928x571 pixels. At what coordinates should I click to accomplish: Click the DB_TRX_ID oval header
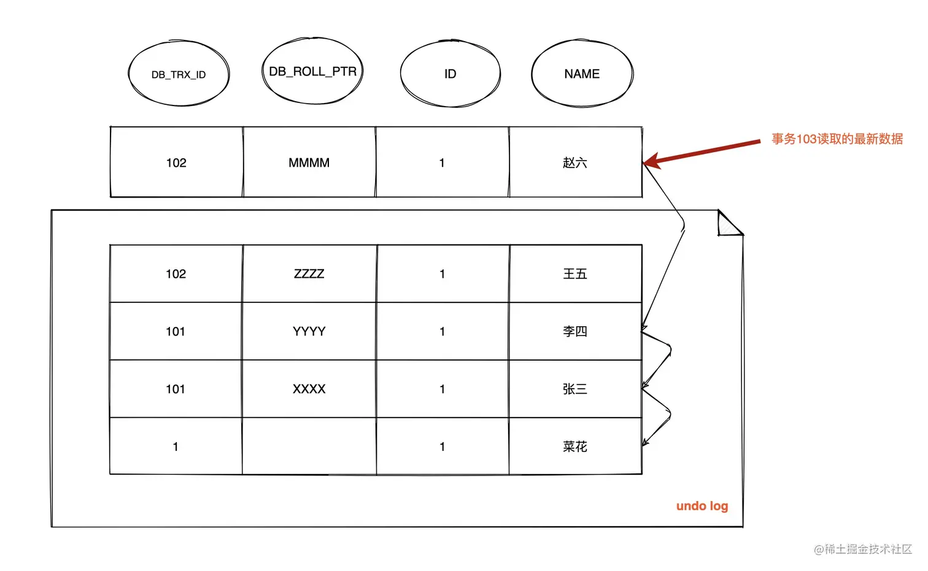coord(179,74)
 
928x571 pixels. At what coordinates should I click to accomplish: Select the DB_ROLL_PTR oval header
coord(312,72)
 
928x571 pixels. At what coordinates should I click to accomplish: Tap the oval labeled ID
coord(450,74)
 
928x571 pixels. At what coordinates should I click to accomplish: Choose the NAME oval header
coord(582,74)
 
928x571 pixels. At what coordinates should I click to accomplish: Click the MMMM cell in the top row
coord(309,163)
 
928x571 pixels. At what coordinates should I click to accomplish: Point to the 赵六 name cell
coord(575,163)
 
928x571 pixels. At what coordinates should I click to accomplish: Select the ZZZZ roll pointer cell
coord(309,274)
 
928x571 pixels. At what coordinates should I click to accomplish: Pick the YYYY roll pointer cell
coord(309,331)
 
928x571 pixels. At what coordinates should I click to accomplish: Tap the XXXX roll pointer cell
coord(309,389)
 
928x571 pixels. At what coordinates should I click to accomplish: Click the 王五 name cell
coord(575,274)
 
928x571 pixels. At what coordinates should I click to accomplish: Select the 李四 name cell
coord(575,331)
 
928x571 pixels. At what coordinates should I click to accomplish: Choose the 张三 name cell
coord(575,389)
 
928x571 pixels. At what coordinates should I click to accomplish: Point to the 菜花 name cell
coord(575,446)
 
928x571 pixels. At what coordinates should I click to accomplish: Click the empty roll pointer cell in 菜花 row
coord(309,446)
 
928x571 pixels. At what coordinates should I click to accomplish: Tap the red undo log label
coord(702,506)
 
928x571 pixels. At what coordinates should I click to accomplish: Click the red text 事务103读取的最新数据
coord(837,139)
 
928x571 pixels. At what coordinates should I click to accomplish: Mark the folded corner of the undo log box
coord(729,224)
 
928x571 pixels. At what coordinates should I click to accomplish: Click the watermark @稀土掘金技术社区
coord(863,549)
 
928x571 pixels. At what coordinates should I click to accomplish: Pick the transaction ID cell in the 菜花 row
coord(176,446)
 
